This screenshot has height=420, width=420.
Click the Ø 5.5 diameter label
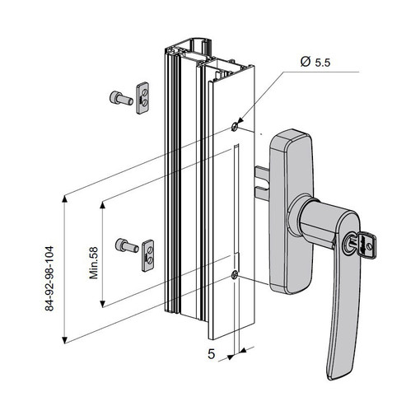coord(315,62)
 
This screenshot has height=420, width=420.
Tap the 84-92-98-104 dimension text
coord(49,278)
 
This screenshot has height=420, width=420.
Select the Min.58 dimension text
coord(94,263)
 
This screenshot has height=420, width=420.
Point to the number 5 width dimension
coord(211,354)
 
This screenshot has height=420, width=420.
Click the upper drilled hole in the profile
coord(234,127)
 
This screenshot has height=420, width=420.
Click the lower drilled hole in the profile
coord(234,274)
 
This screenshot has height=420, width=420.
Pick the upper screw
coord(121,98)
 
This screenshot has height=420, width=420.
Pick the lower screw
coord(127,245)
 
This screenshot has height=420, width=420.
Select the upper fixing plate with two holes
coord(142,98)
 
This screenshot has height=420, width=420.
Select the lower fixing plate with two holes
coord(147,255)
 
